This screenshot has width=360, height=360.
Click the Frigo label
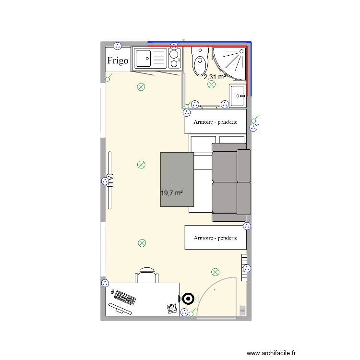pyautogui.click(x=118, y=60)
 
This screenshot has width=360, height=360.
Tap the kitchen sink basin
pyautogui.click(x=143, y=59)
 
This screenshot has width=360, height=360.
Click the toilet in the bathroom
pyautogui.click(x=199, y=61)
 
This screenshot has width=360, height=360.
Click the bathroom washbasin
pyautogui.click(x=238, y=96)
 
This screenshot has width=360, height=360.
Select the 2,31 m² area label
pyautogui.click(x=214, y=77)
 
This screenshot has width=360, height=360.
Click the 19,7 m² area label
pyautogui.click(x=172, y=193)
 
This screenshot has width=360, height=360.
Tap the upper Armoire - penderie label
pyautogui.click(x=216, y=122)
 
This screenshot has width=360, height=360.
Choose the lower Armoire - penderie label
pyautogui.click(x=216, y=238)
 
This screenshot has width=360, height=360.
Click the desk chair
pyautogui.click(x=147, y=276)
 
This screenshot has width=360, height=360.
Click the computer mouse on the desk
pyautogui.click(x=112, y=292)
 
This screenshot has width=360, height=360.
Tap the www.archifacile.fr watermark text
pyautogui.click(x=272, y=353)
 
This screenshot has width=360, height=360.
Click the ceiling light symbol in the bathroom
pyautogui.click(x=211, y=85)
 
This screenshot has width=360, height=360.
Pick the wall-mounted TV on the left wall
pyautogui.click(x=110, y=180)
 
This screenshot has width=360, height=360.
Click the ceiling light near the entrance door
pyautogui.click(x=215, y=272)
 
